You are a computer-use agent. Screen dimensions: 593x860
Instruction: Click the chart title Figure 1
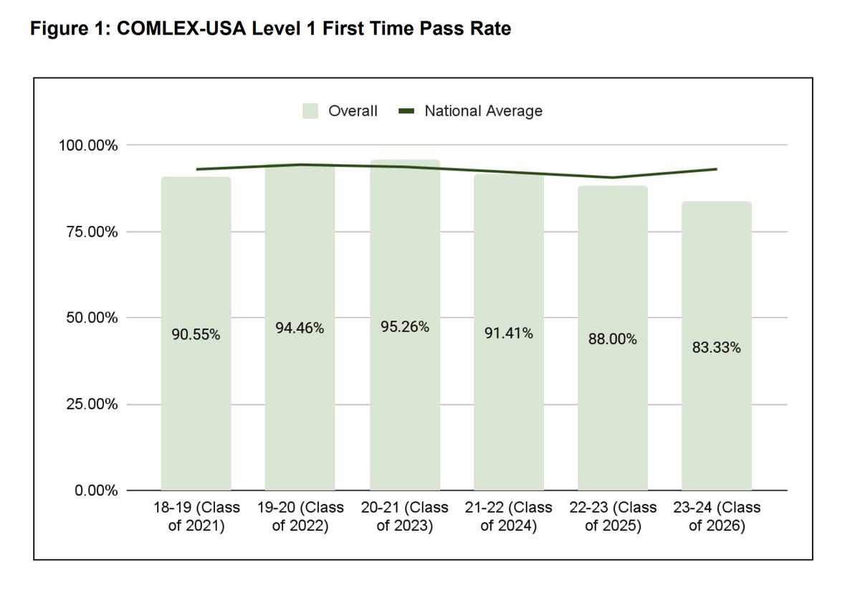pyautogui.click(x=270, y=29)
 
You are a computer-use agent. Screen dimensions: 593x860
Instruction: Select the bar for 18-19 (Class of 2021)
pyautogui.click(x=196, y=402)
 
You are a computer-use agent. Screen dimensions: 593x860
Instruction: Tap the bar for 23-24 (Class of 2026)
pyautogui.click(x=717, y=423)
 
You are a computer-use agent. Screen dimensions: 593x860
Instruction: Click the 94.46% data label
pyautogui.click(x=300, y=328)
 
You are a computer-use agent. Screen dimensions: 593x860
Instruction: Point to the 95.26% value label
pyautogui.click(x=405, y=327)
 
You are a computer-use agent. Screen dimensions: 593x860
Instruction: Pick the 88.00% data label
pyautogui.click(x=613, y=339)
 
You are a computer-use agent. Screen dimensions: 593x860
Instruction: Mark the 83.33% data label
pyautogui.click(x=717, y=348)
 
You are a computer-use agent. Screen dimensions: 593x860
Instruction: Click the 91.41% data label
pyautogui.click(x=509, y=333)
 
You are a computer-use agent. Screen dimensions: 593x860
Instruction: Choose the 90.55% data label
pyautogui.click(x=196, y=335)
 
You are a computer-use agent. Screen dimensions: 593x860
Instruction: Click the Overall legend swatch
pyautogui.click(x=310, y=111)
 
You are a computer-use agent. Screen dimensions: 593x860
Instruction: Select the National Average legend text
pyautogui.click(x=483, y=111)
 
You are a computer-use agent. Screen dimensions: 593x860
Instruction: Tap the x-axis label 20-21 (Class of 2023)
pyautogui.click(x=405, y=516)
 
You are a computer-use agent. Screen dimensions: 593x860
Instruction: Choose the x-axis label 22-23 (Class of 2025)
pyautogui.click(x=613, y=516)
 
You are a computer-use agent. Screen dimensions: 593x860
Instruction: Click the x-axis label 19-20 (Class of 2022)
pyautogui.click(x=300, y=516)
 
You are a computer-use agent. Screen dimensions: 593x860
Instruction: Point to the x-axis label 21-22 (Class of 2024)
pyautogui.click(x=509, y=516)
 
